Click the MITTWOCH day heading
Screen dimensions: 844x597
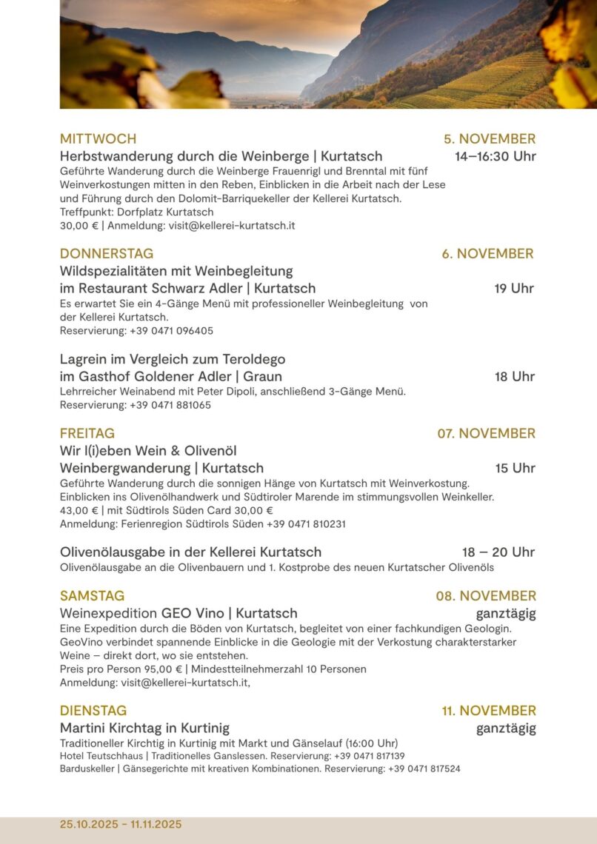click(98, 138)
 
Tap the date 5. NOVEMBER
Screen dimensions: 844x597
click(490, 138)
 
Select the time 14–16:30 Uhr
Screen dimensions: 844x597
click(495, 156)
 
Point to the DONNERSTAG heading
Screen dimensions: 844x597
click(107, 253)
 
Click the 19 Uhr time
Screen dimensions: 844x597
click(514, 288)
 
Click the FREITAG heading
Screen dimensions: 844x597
click(87, 433)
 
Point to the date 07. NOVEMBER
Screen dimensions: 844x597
click(486, 433)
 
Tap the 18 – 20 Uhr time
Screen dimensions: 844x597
click(498, 552)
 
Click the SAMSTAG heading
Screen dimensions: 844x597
click(92, 595)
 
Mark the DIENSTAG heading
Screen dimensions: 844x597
click(93, 711)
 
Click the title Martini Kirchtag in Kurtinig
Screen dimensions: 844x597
click(144, 728)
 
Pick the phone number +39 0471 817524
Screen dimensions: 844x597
click(424, 768)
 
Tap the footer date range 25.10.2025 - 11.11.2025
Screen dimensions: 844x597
click(121, 824)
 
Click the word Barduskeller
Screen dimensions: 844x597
click(87, 768)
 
